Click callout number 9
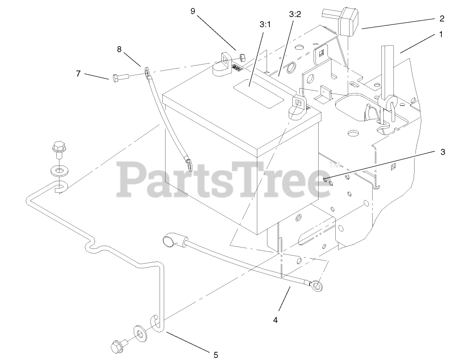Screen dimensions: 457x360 193,11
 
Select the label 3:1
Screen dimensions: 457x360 265,25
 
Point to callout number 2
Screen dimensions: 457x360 442,18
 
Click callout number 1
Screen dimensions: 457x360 441,34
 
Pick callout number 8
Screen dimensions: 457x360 119,49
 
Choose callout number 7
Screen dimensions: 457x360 78,73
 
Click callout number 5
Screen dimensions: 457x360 215,354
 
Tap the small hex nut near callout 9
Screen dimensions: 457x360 243,58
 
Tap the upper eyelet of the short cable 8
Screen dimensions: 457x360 147,71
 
